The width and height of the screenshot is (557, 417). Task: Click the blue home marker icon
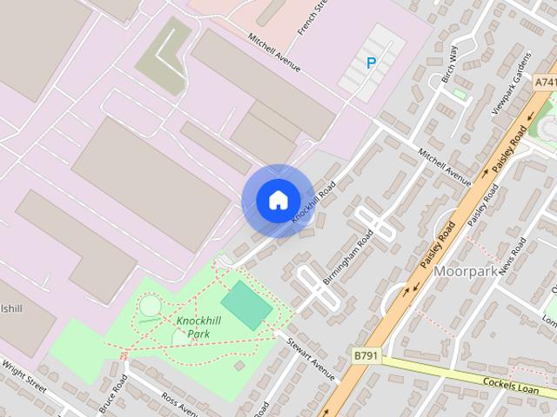coord(278,200)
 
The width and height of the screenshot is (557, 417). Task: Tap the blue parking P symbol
coord(372,63)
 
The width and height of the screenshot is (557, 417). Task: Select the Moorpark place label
coord(466,272)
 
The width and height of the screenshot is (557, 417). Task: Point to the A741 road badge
coord(545,81)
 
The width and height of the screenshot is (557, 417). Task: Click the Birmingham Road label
coord(348,257)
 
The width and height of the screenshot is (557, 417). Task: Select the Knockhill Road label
coord(314,202)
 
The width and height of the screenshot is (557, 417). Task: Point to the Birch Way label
coord(448,65)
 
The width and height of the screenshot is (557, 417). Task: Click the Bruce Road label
coord(112,395)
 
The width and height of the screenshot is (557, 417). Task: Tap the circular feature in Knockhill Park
coord(150,306)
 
